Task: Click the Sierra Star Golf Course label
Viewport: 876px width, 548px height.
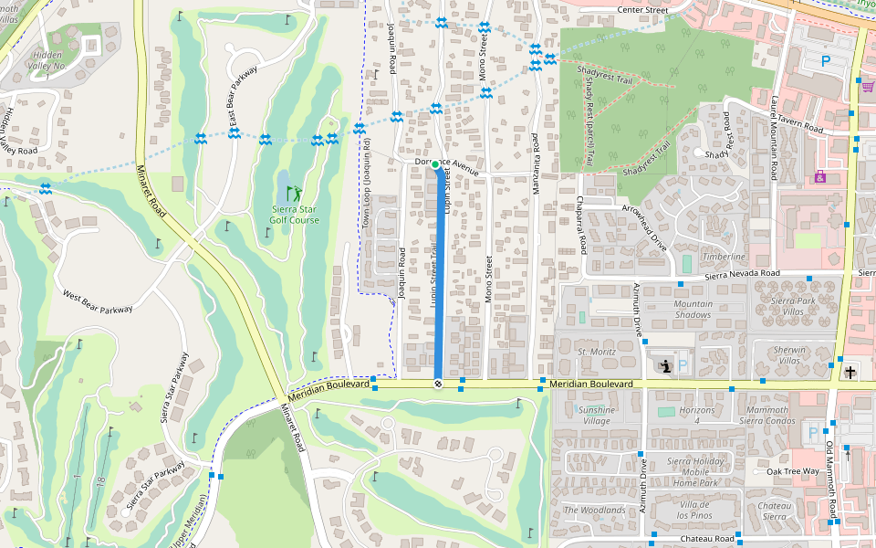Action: pyautogui.click(x=295, y=214)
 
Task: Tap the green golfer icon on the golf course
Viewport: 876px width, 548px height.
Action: pyautogui.click(x=294, y=194)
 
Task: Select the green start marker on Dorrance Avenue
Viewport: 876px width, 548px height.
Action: pyautogui.click(x=436, y=164)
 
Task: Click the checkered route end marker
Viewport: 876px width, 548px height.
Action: pyautogui.click(x=438, y=385)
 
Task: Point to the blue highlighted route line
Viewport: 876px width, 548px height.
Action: pyautogui.click(x=438, y=274)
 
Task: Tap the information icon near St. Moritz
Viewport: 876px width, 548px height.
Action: pyautogui.click(x=664, y=366)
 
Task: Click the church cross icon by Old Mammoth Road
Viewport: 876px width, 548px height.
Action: pyautogui.click(x=850, y=372)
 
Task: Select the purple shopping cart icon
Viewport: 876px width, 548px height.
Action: pyautogui.click(x=867, y=87)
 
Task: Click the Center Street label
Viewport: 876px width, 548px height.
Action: pyautogui.click(x=642, y=10)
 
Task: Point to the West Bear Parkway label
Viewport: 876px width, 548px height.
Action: pyautogui.click(x=98, y=301)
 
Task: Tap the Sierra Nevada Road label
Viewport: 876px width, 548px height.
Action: pyautogui.click(x=742, y=273)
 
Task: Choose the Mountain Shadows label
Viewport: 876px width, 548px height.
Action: pyautogui.click(x=693, y=310)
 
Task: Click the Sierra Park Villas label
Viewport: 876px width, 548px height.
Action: pyautogui.click(x=792, y=305)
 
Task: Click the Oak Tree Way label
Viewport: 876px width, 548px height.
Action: pyautogui.click(x=792, y=471)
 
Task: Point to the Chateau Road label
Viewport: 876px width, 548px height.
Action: pyautogui.click(x=707, y=539)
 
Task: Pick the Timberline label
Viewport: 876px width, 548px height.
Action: pyautogui.click(x=724, y=257)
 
